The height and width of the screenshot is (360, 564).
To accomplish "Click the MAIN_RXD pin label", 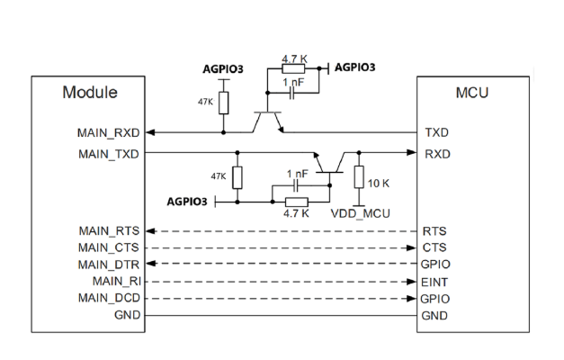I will click(109, 132).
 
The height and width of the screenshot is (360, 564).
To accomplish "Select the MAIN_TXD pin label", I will click(109, 154).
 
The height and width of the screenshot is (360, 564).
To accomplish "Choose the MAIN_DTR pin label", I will click(109, 265).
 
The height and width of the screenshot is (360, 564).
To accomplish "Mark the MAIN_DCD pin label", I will click(109, 298).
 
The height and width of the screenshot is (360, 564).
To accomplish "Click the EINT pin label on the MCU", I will click(436, 282).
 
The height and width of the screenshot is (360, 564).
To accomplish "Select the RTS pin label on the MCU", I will click(434, 231).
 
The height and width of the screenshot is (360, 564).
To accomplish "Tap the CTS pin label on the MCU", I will click(434, 247).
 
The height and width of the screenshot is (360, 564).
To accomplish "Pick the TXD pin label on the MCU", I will click(436, 132).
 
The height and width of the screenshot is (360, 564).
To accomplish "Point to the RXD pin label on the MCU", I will click(436, 154).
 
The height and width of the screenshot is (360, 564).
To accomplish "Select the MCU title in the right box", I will click(472, 92).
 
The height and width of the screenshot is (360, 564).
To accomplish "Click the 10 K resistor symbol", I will click(359, 176).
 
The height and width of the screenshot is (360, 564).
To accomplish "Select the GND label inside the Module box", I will click(126, 315).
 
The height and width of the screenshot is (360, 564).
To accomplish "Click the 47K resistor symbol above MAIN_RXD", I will click(224, 101).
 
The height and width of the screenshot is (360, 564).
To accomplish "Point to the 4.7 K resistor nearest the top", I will click(293, 67).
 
